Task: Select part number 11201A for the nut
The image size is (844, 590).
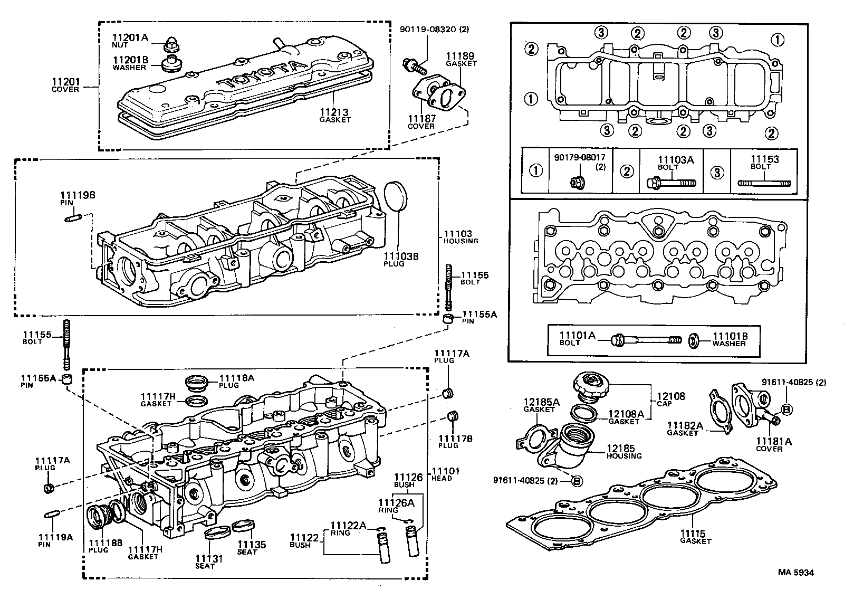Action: pos(130,37)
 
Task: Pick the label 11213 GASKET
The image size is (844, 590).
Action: pos(334,116)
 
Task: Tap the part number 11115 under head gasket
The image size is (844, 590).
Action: pos(695,534)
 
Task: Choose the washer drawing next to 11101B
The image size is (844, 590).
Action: pos(694,340)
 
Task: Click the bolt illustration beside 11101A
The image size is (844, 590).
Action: pos(646,339)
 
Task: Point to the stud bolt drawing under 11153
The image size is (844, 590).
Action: pos(764,183)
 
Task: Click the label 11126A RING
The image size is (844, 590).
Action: pos(396,506)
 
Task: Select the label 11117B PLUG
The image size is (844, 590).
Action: pos(448,441)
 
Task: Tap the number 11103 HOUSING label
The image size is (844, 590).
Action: pos(457,236)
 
